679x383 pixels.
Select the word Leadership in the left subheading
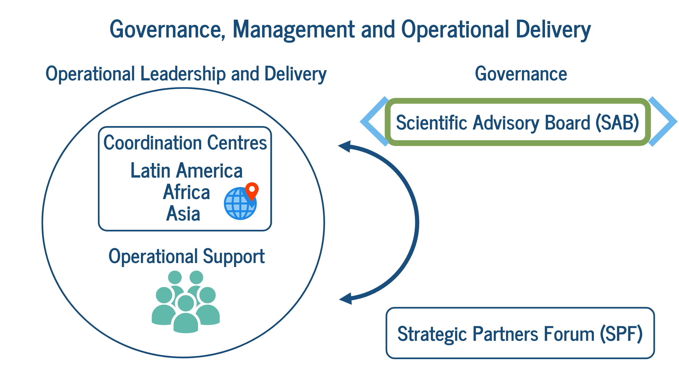(x=183, y=74)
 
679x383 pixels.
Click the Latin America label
(x=187, y=170)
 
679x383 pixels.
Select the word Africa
(x=187, y=192)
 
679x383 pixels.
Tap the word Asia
(x=183, y=213)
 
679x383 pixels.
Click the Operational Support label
(x=187, y=257)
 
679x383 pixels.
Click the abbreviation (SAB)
(x=617, y=123)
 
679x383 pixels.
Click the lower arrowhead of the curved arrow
(x=346, y=299)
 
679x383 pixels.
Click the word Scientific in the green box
(x=431, y=123)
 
